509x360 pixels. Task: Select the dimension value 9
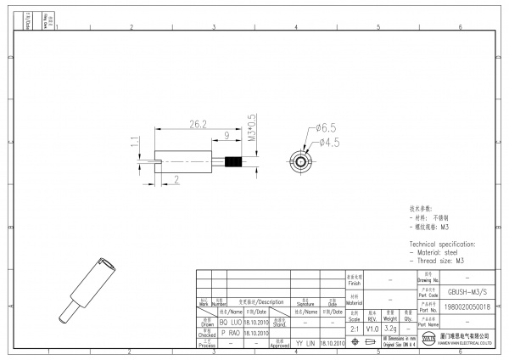tap(227, 135)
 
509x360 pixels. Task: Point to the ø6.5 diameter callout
tap(327, 127)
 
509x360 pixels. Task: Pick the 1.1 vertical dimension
tap(134, 148)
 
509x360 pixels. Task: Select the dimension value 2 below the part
tap(176, 178)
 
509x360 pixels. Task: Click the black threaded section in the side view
tap(233, 160)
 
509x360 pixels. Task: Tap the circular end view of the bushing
tap(299, 160)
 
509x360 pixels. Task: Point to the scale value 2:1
tap(354, 327)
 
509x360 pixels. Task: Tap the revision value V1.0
tap(372, 327)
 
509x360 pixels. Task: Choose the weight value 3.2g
tap(390, 327)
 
